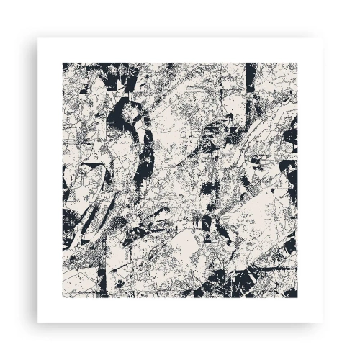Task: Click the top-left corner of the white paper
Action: pos(37,37)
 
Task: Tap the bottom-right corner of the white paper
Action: pos(323,323)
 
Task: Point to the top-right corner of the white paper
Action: pos(323,37)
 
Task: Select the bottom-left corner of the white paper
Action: pos(37,323)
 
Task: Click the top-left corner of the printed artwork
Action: pos(63,63)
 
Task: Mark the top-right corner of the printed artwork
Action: pos(297,63)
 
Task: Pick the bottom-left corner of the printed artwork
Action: pos(63,297)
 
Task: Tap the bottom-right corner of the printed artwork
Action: pos(297,297)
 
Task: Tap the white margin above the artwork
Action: pos(180,50)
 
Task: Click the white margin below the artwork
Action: pos(180,310)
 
